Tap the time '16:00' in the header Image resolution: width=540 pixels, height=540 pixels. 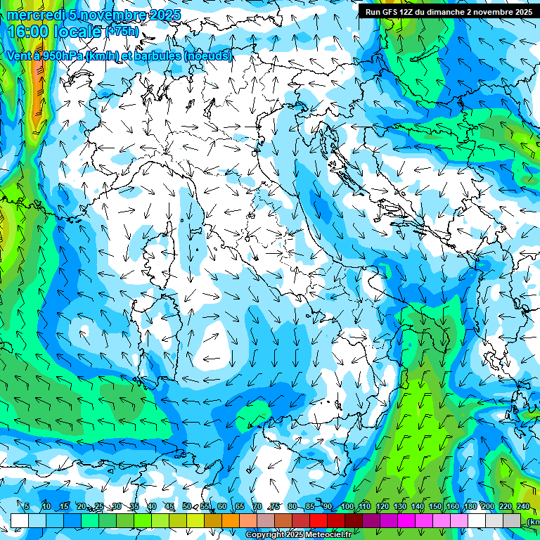tap(27, 32)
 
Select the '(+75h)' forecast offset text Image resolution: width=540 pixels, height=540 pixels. tap(123, 31)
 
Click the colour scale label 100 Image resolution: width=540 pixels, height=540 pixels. tap(347, 506)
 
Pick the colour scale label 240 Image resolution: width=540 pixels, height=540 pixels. tap(523, 506)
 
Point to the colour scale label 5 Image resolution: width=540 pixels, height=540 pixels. tap(27, 506)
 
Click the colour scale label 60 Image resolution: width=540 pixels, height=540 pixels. tap(222, 506)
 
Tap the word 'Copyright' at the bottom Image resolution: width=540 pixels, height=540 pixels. tap(266, 535)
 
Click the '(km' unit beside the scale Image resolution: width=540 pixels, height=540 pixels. tap(533, 522)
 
